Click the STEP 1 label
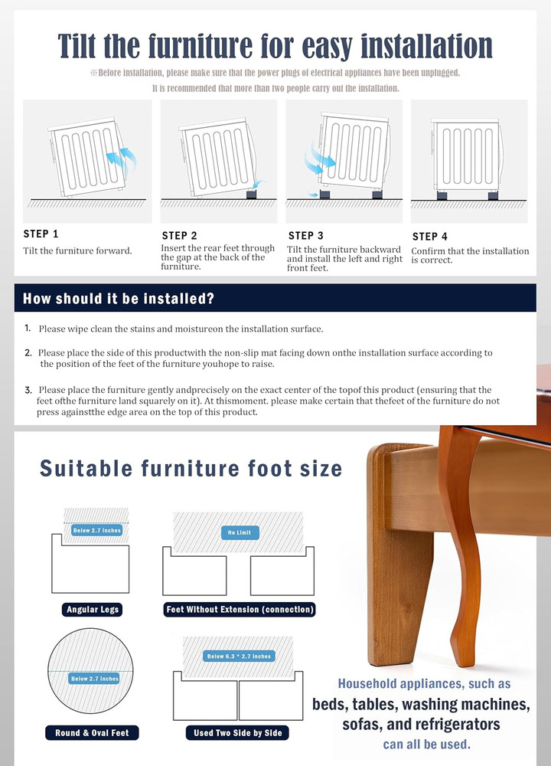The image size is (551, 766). click(41, 234)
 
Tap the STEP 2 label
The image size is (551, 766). click(179, 236)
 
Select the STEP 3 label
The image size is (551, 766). click(305, 235)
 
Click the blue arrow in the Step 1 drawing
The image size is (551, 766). click(122, 160)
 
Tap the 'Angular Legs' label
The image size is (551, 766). click(93, 610)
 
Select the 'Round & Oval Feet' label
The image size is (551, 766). click(92, 733)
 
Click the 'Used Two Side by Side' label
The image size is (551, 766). click(238, 733)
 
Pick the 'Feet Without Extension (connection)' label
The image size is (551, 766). click(240, 610)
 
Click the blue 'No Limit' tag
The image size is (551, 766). click(239, 532)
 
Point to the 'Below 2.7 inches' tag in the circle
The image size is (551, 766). click(95, 679)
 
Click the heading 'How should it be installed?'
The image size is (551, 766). click(118, 298)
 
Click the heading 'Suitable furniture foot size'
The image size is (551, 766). click(191, 468)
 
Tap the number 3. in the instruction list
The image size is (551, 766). click(28, 390)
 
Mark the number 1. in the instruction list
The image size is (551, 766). click(28, 328)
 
